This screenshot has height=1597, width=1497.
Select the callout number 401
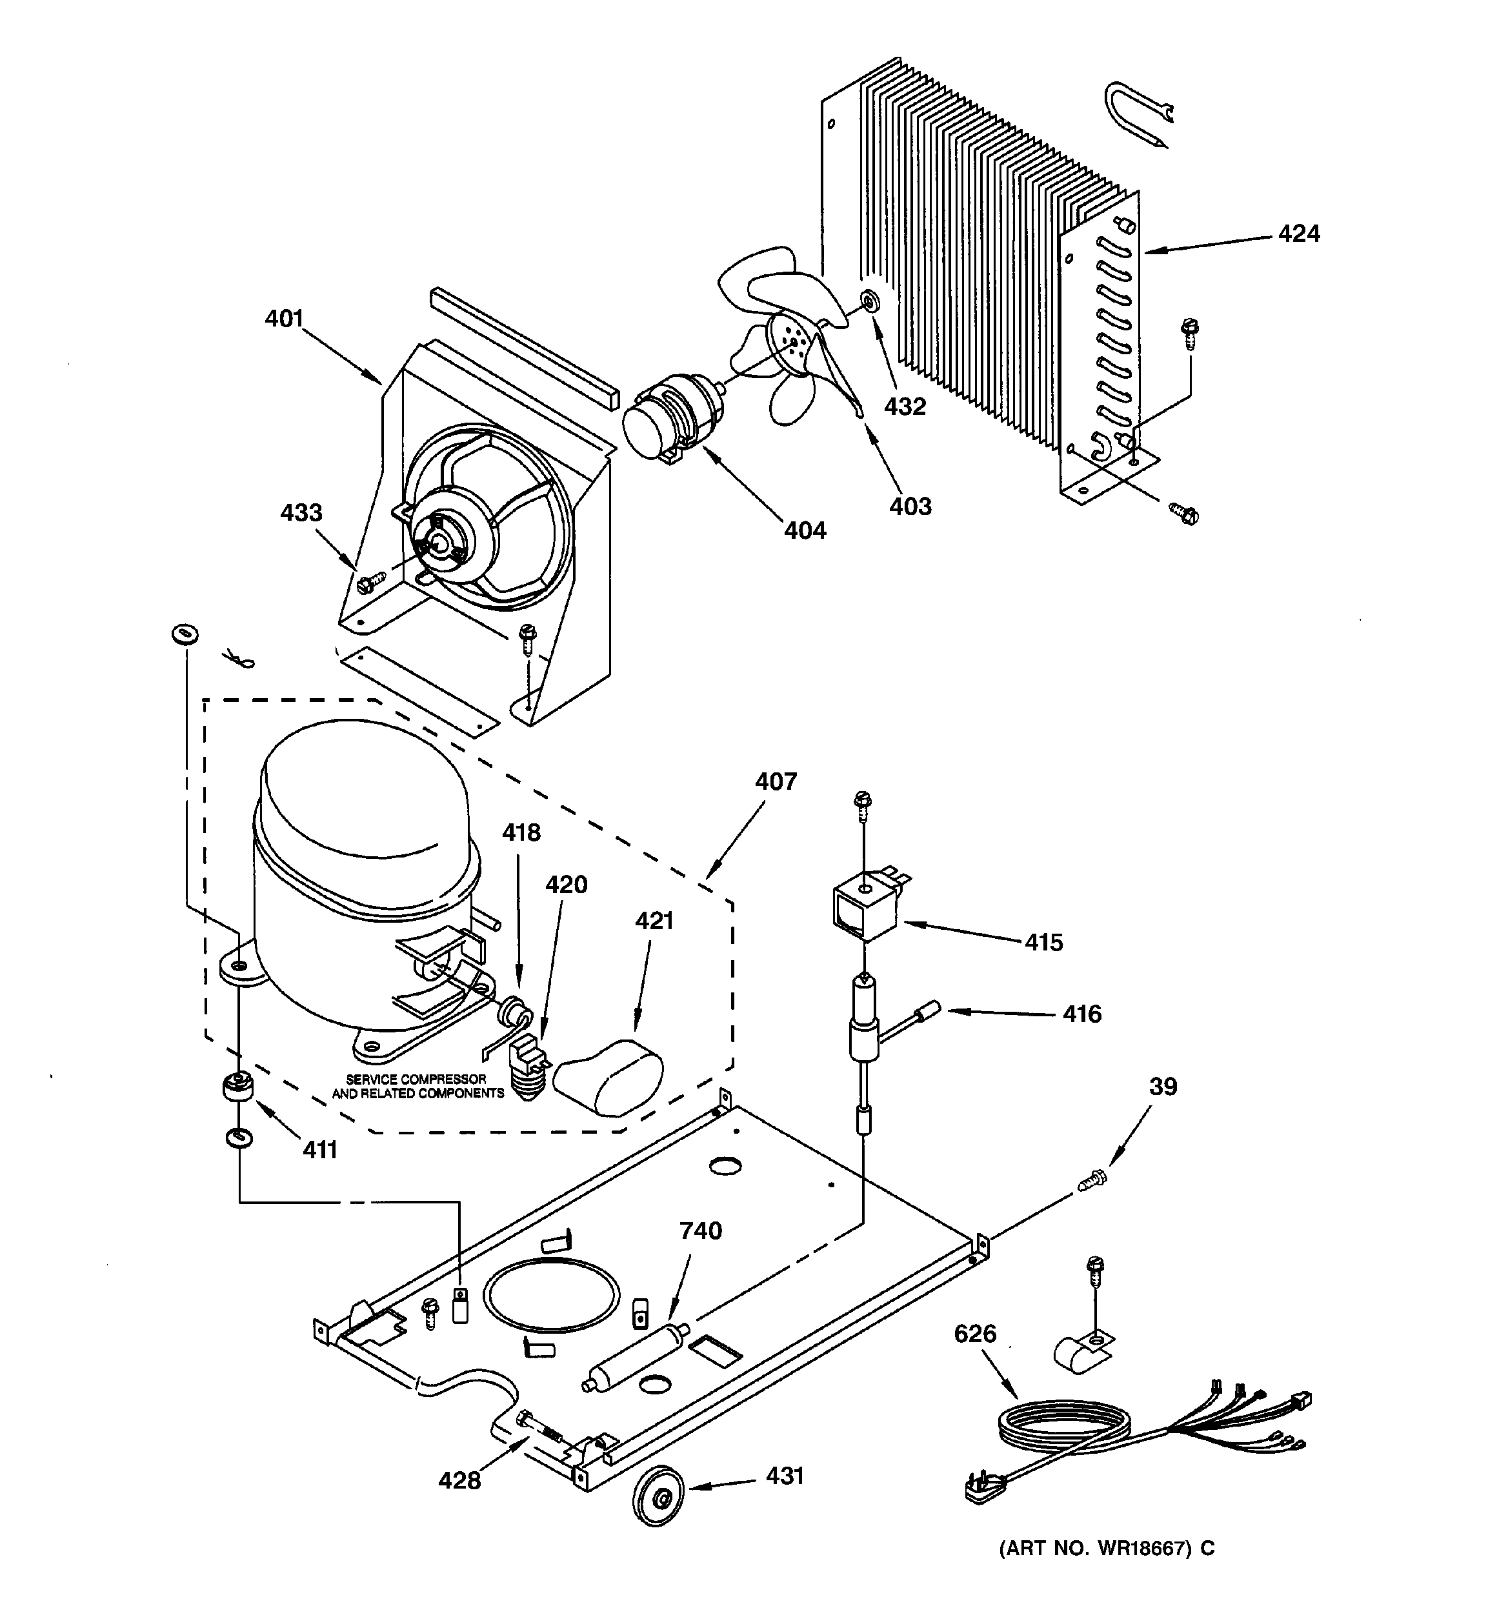coord(285,319)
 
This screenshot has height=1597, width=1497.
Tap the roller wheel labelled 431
coord(661,1498)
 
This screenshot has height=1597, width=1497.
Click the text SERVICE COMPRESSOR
coord(416,1079)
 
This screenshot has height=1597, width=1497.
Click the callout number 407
coord(776,781)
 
